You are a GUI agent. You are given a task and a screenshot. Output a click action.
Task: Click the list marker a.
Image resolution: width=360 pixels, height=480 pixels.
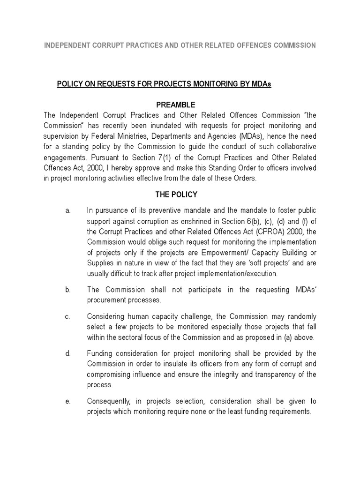[68, 211]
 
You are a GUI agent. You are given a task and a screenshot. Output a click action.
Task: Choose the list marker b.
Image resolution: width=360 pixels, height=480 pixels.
[68, 290]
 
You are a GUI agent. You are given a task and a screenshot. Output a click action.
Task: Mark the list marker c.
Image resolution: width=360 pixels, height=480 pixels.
[68, 316]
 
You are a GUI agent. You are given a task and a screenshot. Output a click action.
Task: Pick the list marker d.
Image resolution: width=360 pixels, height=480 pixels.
[68, 353]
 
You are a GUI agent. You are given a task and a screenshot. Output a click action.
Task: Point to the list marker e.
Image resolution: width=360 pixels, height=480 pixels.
[68, 401]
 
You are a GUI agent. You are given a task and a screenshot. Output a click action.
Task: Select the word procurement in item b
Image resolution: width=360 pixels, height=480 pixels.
[110, 300]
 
